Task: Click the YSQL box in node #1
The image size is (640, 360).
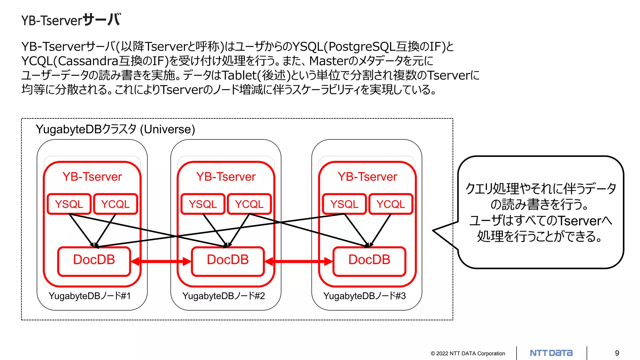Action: pyautogui.click(x=69, y=204)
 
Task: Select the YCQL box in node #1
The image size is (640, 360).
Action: pyautogui.click(x=115, y=204)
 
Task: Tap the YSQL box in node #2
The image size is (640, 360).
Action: pyautogui.click(x=203, y=204)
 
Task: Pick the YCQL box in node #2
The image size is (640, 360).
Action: pyautogui.click(x=249, y=204)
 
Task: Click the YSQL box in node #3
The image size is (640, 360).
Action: pyautogui.click(x=344, y=204)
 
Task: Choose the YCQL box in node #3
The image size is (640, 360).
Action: pyautogui.click(x=391, y=204)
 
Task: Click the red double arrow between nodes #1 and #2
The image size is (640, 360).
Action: pyautogui.click(x=161, y=262)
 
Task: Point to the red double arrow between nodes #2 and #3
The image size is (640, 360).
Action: pyautogui.click(x=299, y=262)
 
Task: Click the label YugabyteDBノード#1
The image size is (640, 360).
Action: pyautogui.click(x=90, y=296)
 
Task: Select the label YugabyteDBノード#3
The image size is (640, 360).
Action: pyautogui.click(x=364, y=296)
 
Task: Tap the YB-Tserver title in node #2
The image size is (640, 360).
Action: pyautogui.click(x=226, y=177)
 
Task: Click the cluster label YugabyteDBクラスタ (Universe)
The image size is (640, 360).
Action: pyautogui.click(x=115, y=129)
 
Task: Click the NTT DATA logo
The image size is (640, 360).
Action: pyautogui.click(x=551, y=353)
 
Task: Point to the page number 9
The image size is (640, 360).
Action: pyautogui.click(x=617, y=353)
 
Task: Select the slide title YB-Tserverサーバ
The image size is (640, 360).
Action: pyautogui.click(x=71, y=20)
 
